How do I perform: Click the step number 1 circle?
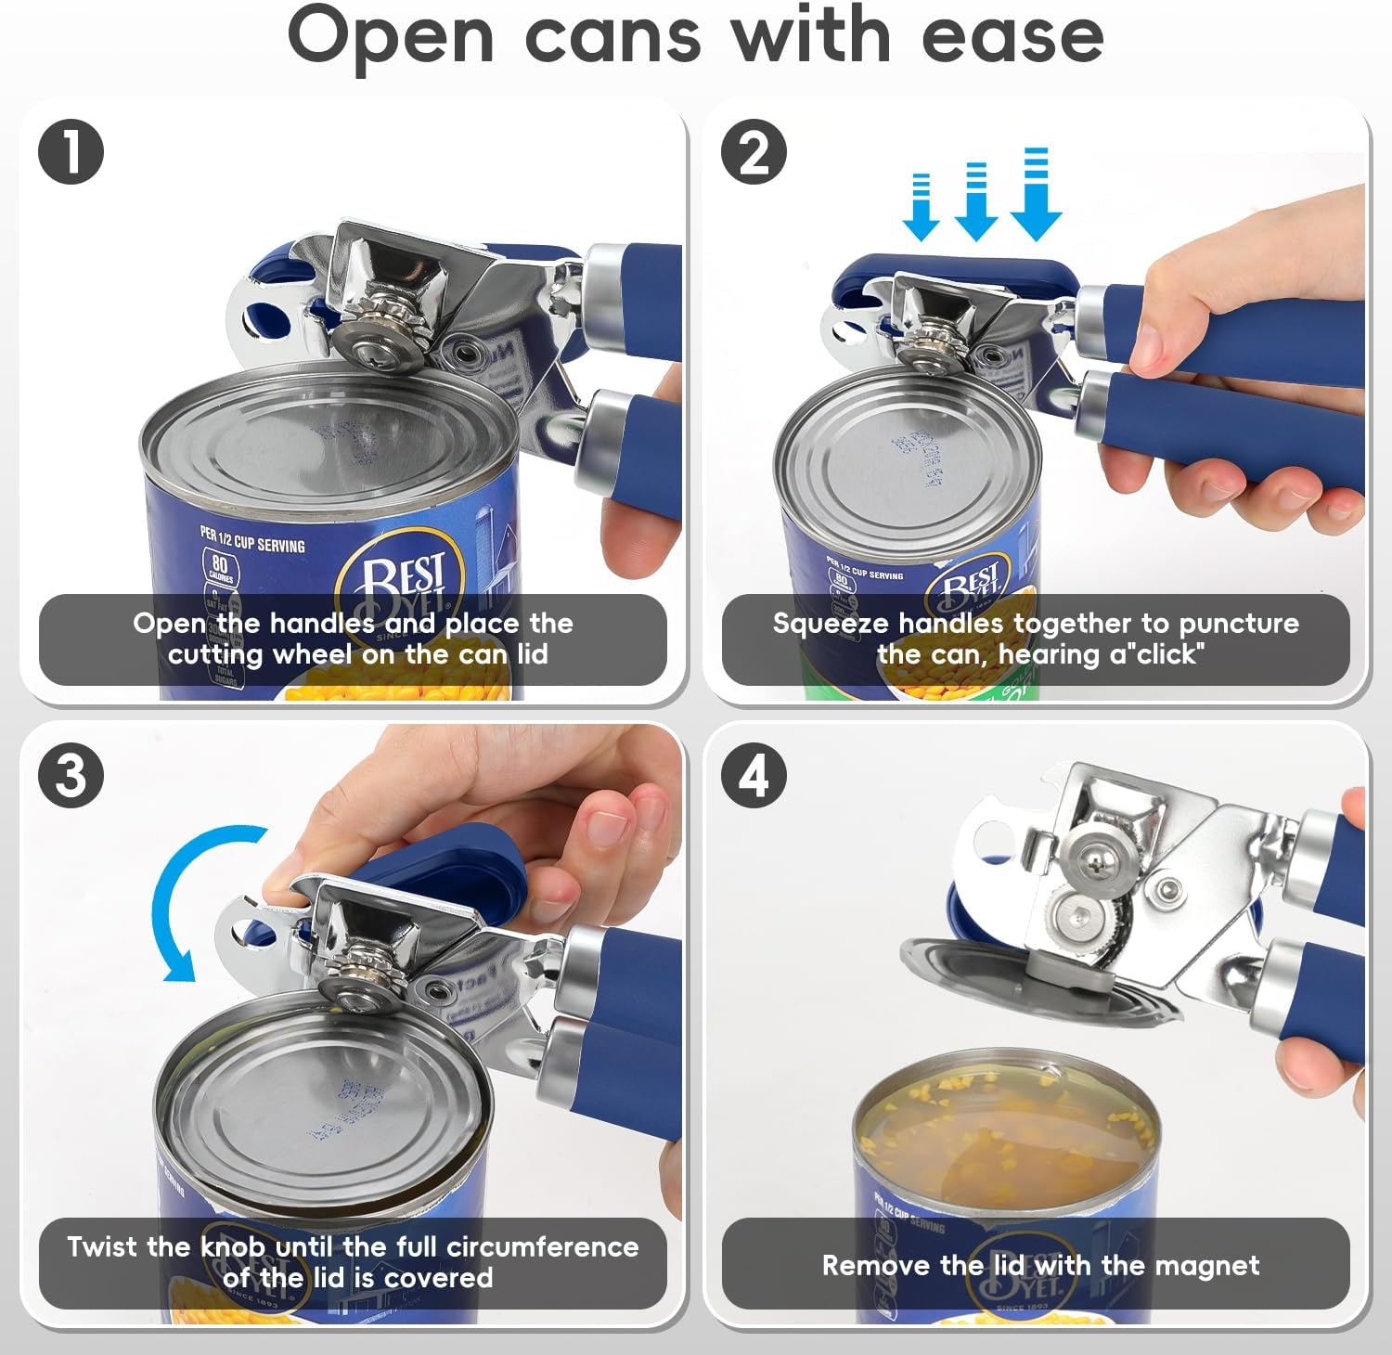click(x=71, y=152)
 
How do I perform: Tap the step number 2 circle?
click(x=754, y=152)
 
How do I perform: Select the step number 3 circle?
click(x=71, y=775)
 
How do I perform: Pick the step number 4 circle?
click(x=754, y=775)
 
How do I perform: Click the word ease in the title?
click(x=1012, y=37)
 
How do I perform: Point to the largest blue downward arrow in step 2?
click(x=1036, y=200)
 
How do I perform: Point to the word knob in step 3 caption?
click(x=233, y=1246)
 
